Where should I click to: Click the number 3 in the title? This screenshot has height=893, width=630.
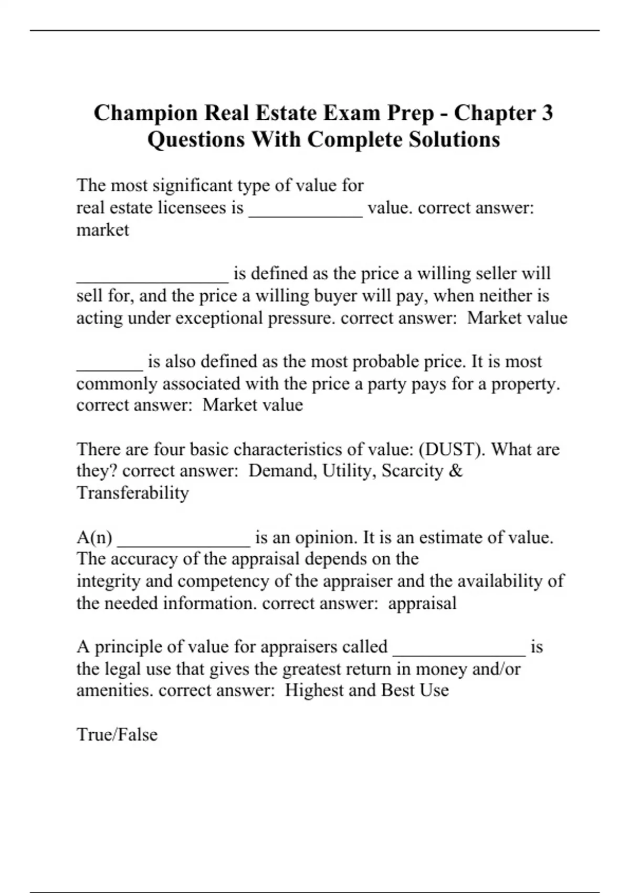(x=546, y=113)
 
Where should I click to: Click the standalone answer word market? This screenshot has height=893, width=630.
(x=102, y=230)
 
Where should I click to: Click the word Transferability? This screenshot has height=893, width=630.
(x=132, y=493)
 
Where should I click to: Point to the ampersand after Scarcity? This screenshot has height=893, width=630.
(x=456, y=471)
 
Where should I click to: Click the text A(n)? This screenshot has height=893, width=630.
(x=94, y=537)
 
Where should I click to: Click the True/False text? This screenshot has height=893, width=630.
(x=117, y=734)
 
